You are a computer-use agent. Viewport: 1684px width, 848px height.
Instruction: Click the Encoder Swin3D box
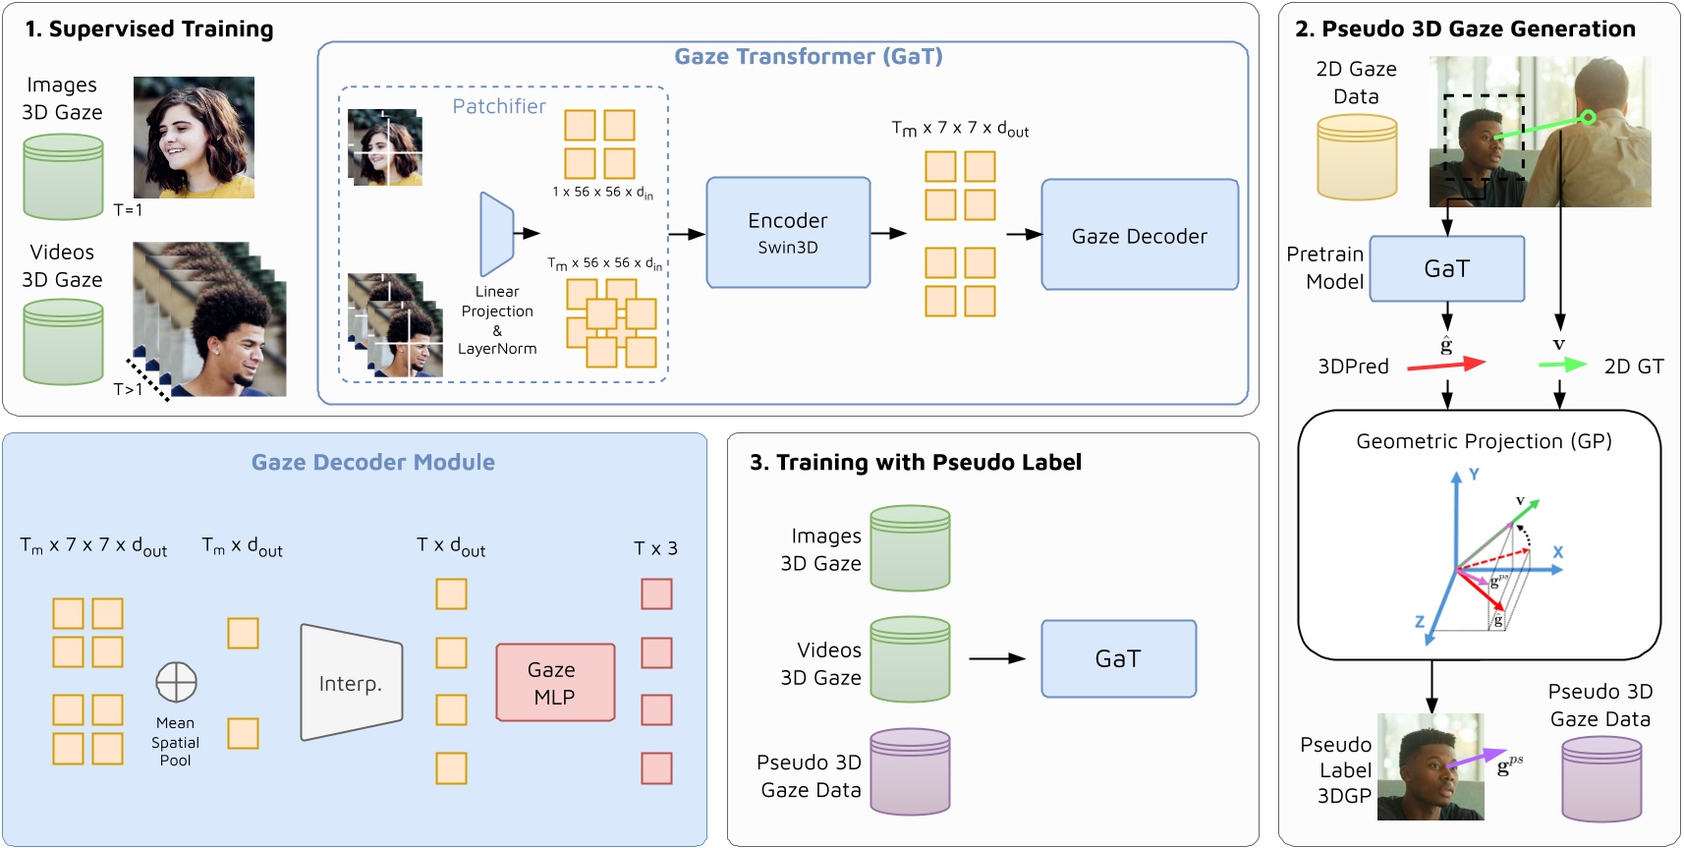tap(788, 233)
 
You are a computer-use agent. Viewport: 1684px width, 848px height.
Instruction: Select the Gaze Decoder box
tap(1139, 235)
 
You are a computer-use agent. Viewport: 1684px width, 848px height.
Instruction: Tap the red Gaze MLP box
tap(555, 683)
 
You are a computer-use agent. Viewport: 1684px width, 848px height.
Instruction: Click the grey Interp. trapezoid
tap(351, 683)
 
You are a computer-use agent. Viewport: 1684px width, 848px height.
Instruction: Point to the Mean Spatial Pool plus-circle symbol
tap(176, 682)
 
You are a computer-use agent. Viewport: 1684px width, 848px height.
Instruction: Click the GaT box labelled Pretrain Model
tap(1446, 268)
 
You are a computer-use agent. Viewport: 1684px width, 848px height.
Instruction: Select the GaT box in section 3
tap(1118, 658)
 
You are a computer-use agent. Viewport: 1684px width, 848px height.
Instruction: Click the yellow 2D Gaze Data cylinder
tap(1356, 157)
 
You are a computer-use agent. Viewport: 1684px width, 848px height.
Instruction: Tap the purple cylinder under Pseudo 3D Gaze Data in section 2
tap(1601, 778)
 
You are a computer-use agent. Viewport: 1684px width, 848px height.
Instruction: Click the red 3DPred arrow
tap(1445, 366)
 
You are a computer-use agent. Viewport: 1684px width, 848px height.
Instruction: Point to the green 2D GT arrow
tap(1562, 365)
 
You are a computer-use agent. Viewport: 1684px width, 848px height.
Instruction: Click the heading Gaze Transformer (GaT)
tap(808, 56)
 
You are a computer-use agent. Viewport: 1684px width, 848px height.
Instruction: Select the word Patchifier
tap(498, 106)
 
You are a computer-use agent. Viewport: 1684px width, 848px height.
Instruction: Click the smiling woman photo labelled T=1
tap(194, 138)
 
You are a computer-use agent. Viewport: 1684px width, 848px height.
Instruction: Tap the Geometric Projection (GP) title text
tap(1484, 441)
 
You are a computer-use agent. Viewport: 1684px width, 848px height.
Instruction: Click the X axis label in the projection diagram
tap(1557, 552)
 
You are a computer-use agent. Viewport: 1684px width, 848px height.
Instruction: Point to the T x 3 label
tap(655, 548)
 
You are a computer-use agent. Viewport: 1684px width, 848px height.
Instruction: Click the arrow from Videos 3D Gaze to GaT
tap(996, 658)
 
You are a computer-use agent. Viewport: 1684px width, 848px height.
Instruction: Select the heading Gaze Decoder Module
tap(372, 462)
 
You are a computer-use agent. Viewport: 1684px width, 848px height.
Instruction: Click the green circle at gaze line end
tap(1588, 118)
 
